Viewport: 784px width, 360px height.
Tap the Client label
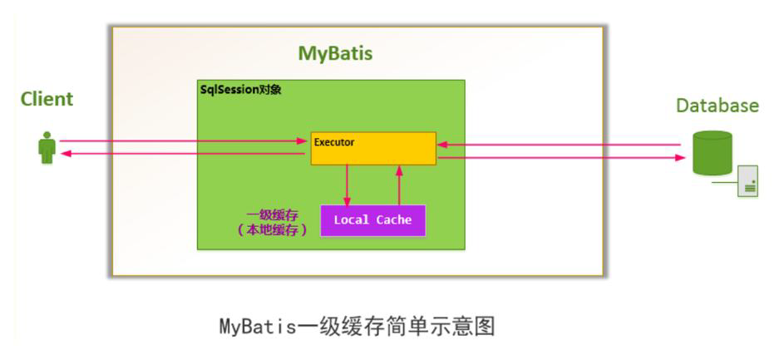click(x=47, y=99)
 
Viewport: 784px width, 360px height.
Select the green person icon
click(x=47, y=148)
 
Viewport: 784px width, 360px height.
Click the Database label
click(x=717, y=106)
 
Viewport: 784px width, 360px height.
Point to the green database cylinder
click(x=713, y=152)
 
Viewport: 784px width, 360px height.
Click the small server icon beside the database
click(x=747, y=180)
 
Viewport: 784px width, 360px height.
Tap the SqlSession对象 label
click(x=240, y=90)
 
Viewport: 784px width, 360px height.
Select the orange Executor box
click(x=373, y=148)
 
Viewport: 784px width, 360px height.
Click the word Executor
click(x=334, y=142)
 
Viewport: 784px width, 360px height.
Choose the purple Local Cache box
click(x=373, y=220)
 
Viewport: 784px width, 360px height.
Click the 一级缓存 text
click(x=273, y=215)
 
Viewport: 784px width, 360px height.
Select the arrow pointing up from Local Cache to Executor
click(x=399, y=185)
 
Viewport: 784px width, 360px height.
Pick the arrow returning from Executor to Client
click(x=183, y=154)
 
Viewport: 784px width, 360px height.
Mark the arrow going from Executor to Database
click(x=561, y=157)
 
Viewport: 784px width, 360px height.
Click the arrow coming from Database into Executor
click(x=559, y=145)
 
